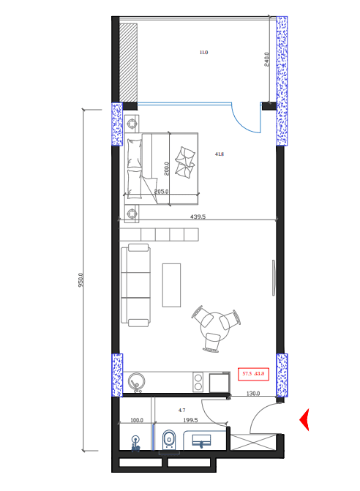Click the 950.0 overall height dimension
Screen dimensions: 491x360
[x=81, y=280]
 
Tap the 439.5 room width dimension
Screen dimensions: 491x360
[x=198, y=217]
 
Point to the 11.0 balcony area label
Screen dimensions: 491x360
[x=203, y=53]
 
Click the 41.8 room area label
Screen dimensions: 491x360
[x=219, y=154]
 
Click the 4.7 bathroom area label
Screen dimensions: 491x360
[x=182, y=411]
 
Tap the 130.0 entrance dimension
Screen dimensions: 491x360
[x=253, y=394]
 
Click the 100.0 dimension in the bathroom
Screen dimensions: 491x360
[x=136, y=421]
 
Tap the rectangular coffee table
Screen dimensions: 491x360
[x=171, y=284]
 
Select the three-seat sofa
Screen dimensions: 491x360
[x=136, y=285]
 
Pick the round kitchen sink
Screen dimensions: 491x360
[x=136, y=381]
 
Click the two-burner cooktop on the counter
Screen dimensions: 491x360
[x=198, y=381]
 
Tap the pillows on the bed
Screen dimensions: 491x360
[x=185, y=160]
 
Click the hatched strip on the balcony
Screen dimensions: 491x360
[x=129, y=62]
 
